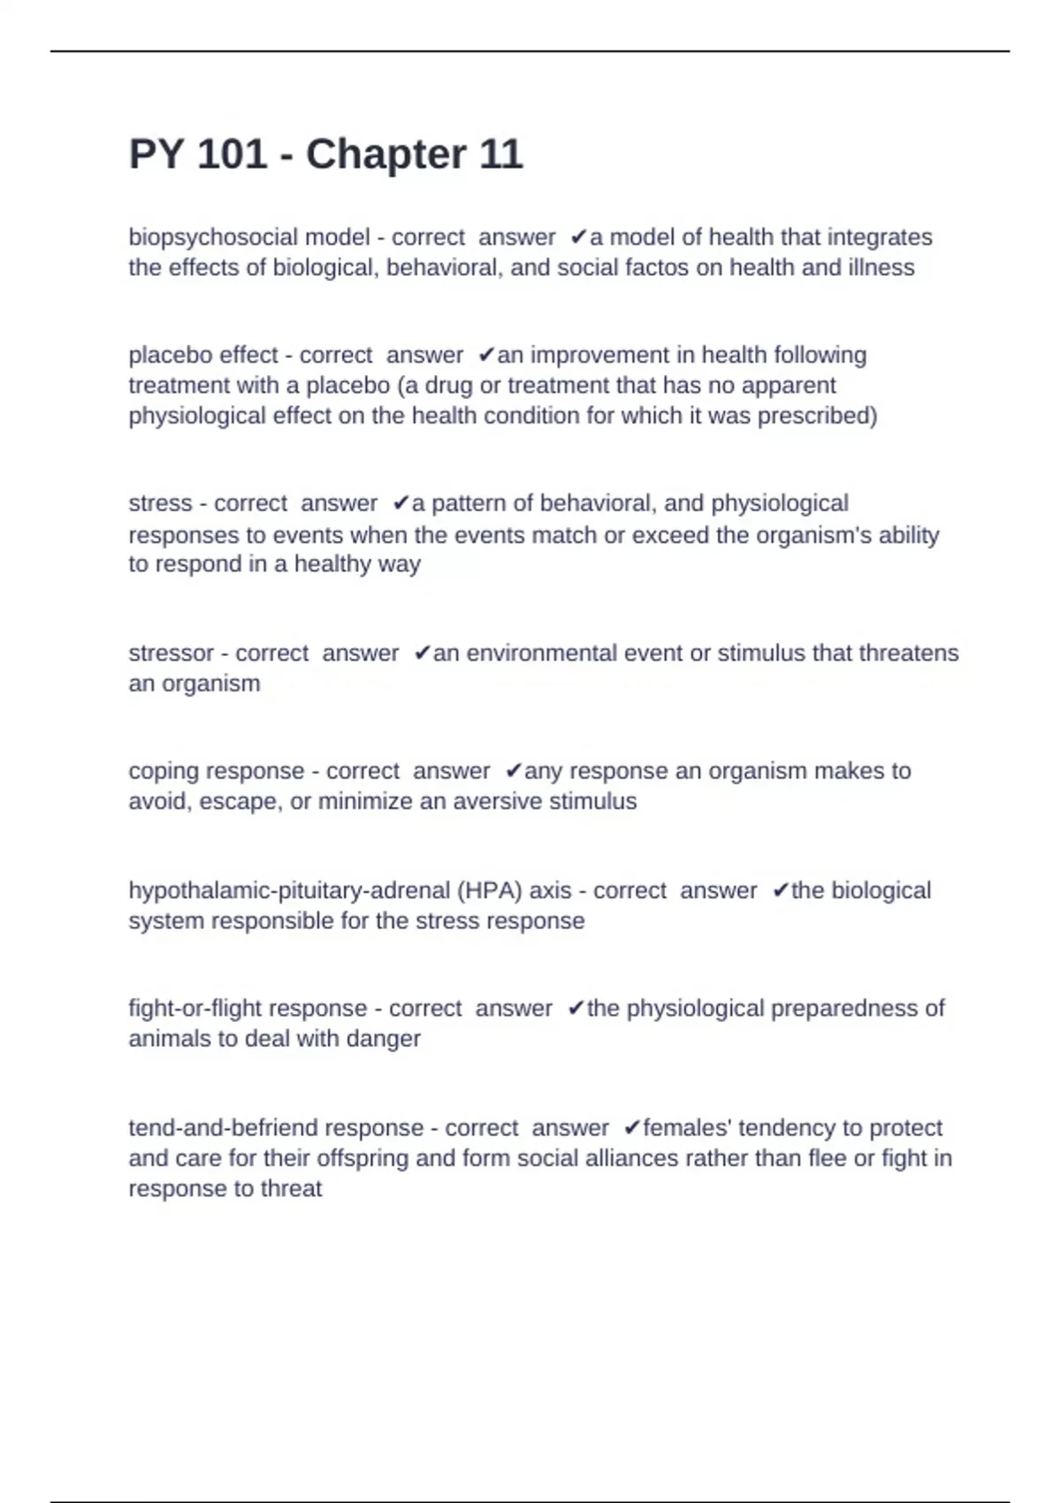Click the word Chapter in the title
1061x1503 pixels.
coord(385,155)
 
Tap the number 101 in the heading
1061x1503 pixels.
coord(232,155)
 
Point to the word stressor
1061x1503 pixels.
coord(171,653)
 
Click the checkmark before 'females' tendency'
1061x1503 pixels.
coord(631,1128)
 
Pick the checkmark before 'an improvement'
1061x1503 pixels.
coord(485,355)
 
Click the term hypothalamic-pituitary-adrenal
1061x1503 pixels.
coord(289,890)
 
